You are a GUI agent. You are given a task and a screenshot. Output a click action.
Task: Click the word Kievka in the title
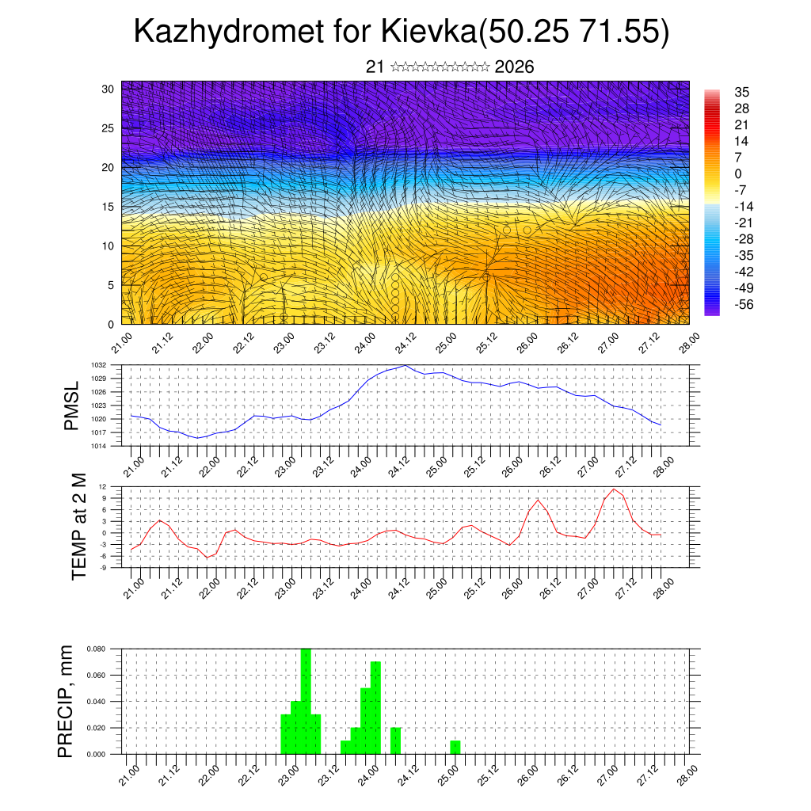(428, 32)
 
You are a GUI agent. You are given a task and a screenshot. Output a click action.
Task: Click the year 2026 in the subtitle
(514, 67)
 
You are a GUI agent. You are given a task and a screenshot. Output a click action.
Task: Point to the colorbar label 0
(738, 173)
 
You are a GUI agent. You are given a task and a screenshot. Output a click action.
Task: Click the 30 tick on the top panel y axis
(108, 89)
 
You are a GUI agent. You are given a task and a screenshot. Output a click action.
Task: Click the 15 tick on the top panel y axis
(108, 207)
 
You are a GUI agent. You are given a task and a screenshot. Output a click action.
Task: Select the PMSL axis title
(72, 405)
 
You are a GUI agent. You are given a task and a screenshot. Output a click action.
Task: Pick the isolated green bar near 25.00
(455, 747)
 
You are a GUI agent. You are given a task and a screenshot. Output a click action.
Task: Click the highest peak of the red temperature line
(614, 489)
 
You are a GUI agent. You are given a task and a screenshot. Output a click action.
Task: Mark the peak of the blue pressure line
(405, 365)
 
